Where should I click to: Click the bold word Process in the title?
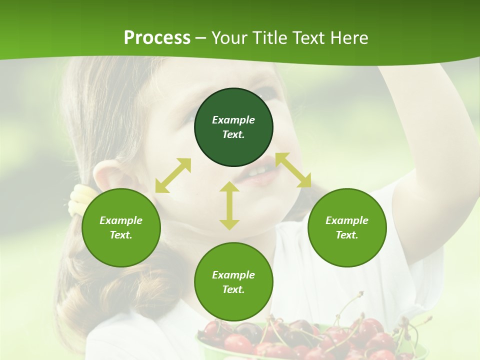(157, 38)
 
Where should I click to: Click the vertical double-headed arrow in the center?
(229, 205)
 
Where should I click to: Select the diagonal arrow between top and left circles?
(173, 175)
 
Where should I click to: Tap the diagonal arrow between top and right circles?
(293, 170)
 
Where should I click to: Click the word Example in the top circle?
(233, 120)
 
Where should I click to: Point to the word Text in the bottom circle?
(232, 289)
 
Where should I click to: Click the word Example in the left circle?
(121, 220)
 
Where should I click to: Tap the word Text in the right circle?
(346, 235)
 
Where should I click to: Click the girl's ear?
(107, 177)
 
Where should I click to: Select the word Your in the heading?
(228, 38)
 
